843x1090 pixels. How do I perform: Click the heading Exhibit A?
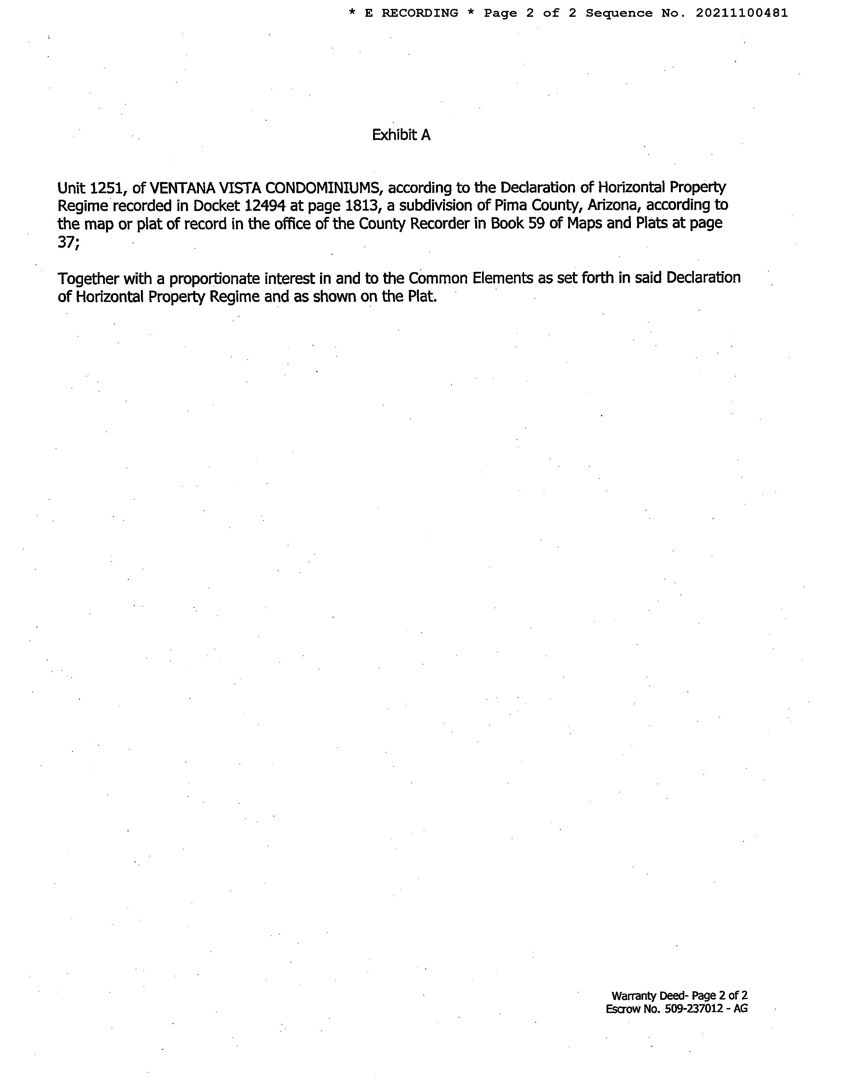(401, 135)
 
